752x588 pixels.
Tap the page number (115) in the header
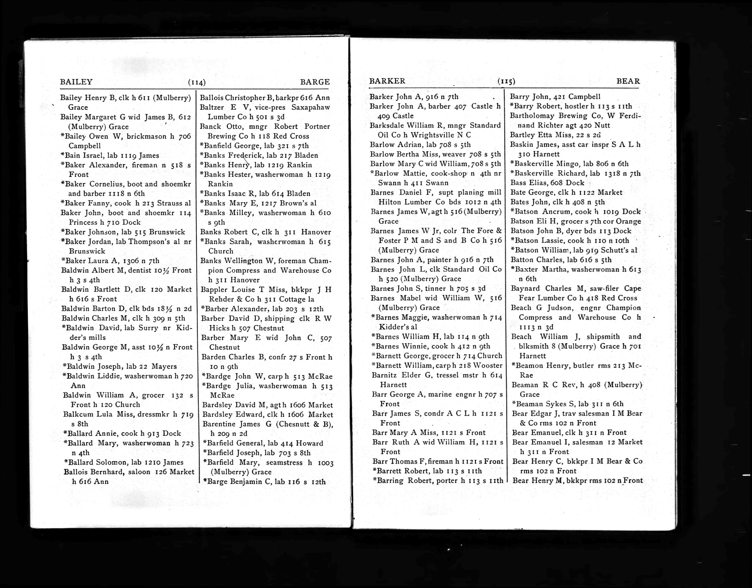pyautogui.click(x=506, y=81)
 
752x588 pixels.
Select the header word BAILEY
pyautogui.click(x=76, y=82)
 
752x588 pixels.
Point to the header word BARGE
pyautogui.click(x=315, y=82)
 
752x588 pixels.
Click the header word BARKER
pyautogui.click(x=387, y=81)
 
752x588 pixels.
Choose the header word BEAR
pyautogui.click(x=628, y=81)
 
